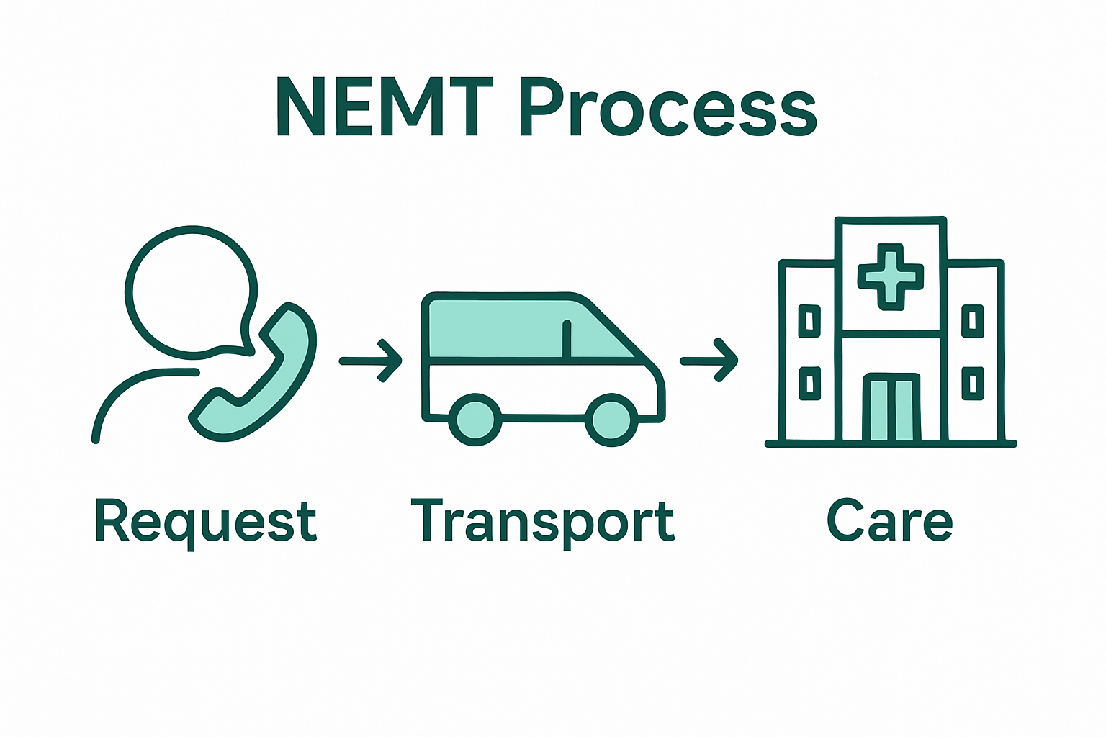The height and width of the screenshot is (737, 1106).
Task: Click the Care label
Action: (x=890, y=520)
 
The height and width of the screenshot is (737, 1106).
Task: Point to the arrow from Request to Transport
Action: (x=371, y=361)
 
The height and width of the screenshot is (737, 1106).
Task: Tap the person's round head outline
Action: (x=192, y=291)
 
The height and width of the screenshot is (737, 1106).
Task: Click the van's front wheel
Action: (x=611, y=420)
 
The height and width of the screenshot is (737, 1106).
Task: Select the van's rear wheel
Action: (x=475, y=420)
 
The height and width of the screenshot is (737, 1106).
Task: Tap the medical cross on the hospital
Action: (x=891, y=276)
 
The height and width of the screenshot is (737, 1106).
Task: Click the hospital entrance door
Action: (x=891, y=408)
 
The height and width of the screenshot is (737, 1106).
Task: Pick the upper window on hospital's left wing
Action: (x=810, y=321)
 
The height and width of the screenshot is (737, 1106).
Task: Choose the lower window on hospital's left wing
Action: (x=810, y=384)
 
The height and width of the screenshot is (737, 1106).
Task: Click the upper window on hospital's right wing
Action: (x=973, y=321)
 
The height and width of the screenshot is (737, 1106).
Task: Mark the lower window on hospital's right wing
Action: (x=973, y=384)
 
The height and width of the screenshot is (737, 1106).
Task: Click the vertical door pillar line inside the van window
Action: (x=567, y=338)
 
